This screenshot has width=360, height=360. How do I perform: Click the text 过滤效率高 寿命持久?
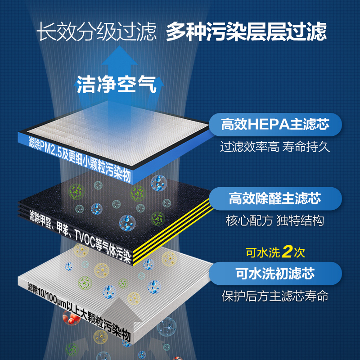coord(275,147)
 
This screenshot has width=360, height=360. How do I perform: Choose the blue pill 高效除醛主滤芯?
coord(275,198)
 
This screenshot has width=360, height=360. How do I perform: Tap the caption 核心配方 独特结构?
coord(275,221)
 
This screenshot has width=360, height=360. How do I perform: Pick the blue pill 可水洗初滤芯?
coord(275,273)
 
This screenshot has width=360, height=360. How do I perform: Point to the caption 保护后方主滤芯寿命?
coord(275,297)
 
